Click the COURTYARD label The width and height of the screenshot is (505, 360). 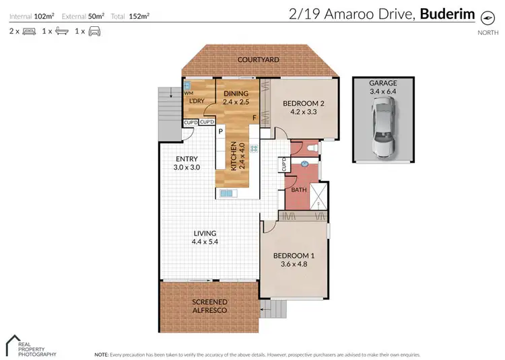point(258,60)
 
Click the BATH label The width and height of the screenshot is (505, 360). point(298,190)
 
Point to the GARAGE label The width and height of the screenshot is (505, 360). point(382,82)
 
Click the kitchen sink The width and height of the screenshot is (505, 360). point(226,193)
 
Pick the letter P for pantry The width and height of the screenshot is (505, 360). point(220,132)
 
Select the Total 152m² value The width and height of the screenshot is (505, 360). point(140,14)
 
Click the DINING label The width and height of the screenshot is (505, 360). point(236,94)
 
